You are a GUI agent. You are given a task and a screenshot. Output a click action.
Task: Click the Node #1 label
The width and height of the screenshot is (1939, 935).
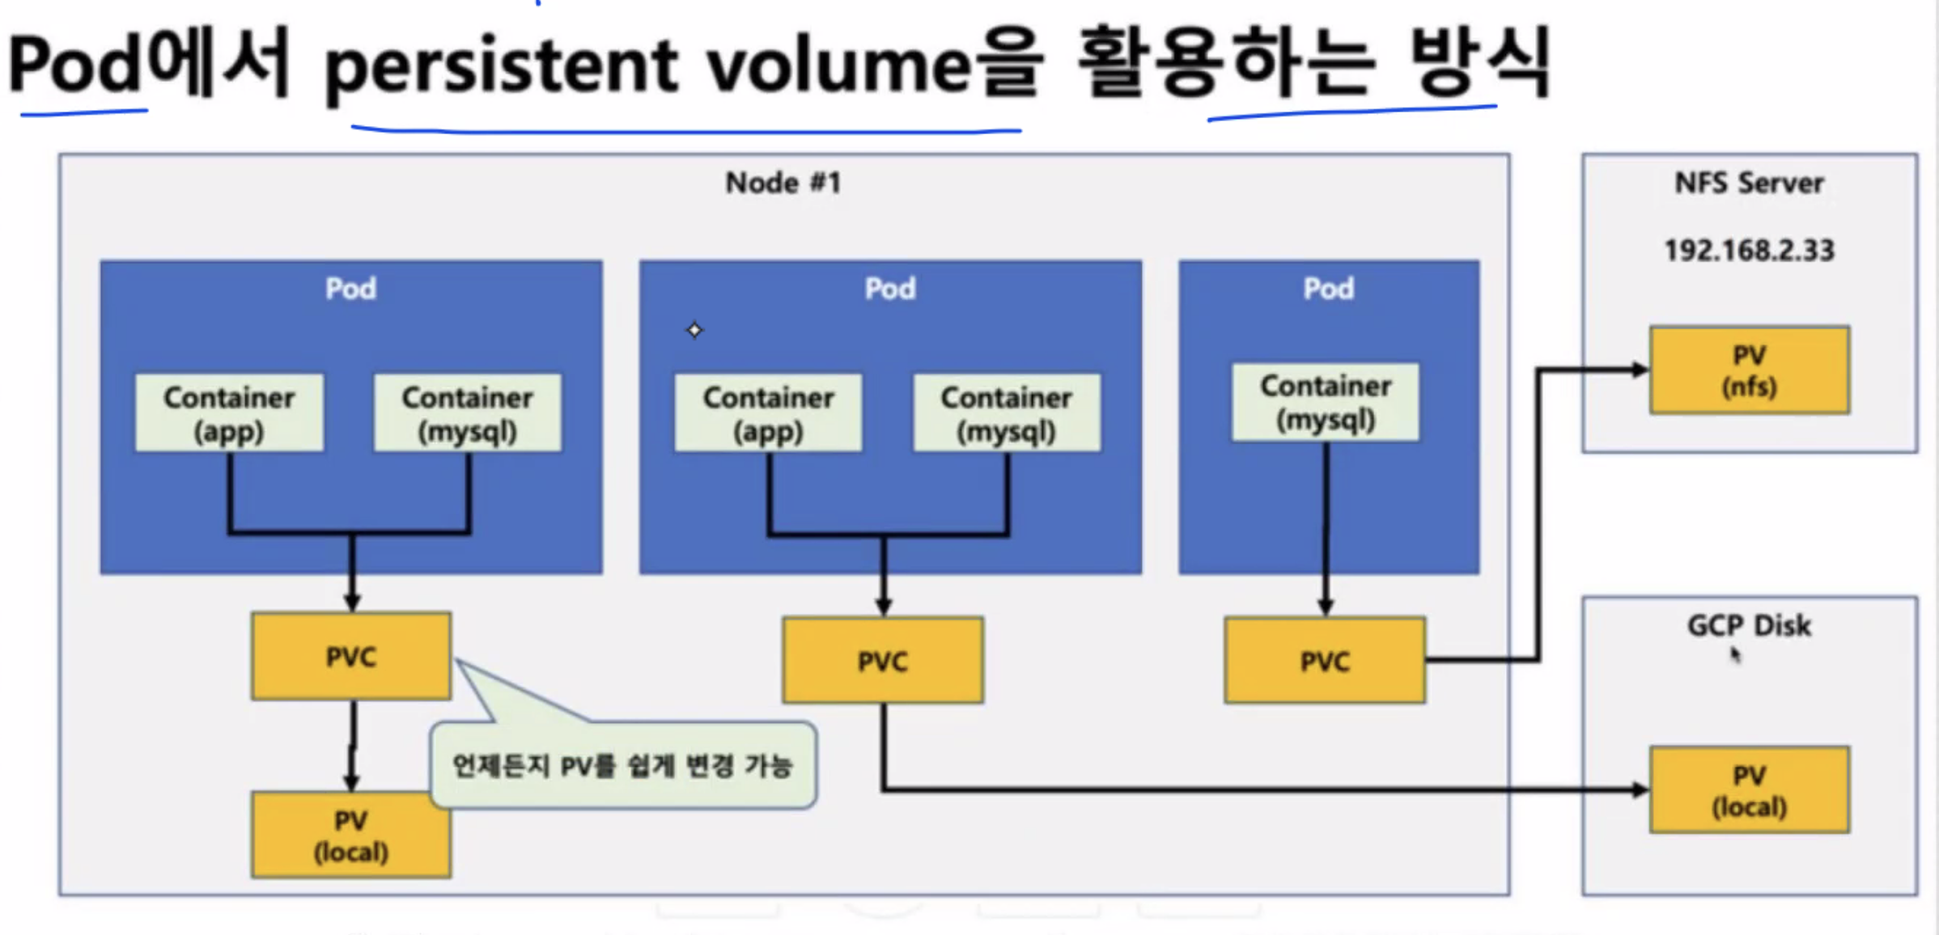click(x=783, y=183)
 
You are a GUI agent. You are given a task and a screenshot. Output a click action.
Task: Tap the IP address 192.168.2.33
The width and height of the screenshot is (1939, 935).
click(x=1749, y=251)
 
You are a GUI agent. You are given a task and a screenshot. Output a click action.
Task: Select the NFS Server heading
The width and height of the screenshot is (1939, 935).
click(x=1749, y=183)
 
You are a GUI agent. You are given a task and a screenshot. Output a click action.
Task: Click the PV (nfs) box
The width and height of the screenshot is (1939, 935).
click(x=1749, y=370)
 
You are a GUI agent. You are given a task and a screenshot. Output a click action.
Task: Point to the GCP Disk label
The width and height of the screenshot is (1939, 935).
click(x=1748, y=625)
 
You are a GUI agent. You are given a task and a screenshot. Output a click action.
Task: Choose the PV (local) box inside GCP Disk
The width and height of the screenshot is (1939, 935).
click(x=1749, y=790)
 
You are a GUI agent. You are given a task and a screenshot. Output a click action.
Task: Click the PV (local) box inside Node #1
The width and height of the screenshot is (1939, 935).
click(x=351, y=836)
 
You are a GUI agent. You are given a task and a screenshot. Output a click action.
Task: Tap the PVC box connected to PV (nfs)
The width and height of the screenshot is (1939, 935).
click(x=1325, y=661)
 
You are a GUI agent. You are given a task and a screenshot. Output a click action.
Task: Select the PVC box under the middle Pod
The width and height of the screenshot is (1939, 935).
click(x=882, y=661)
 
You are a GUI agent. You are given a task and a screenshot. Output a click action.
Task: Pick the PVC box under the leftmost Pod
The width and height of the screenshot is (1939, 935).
click(x=351, y=656)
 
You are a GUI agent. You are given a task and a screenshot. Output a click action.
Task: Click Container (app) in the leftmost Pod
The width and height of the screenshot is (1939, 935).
click(x=229, y=412)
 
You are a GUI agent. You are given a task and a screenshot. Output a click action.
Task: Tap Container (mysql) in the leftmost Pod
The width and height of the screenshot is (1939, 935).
click(x=467, y=412)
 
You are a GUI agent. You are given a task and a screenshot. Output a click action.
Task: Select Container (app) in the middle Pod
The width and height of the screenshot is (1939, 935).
click(x=768, y=412)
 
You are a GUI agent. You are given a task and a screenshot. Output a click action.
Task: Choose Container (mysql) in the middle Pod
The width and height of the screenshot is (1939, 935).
click(x=1006, y=412)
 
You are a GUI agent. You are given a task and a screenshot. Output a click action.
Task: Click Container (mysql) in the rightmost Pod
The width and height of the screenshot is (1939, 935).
click(x=1325, y=402)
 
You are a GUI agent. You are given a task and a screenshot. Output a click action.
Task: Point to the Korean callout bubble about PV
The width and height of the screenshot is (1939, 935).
click(x=622, y=765)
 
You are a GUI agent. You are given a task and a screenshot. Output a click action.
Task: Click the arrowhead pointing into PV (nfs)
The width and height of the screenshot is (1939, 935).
click(x=1640, y=370)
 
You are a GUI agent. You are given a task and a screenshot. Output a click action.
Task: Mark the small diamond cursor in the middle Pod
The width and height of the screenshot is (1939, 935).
click(x=694, y=330)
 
